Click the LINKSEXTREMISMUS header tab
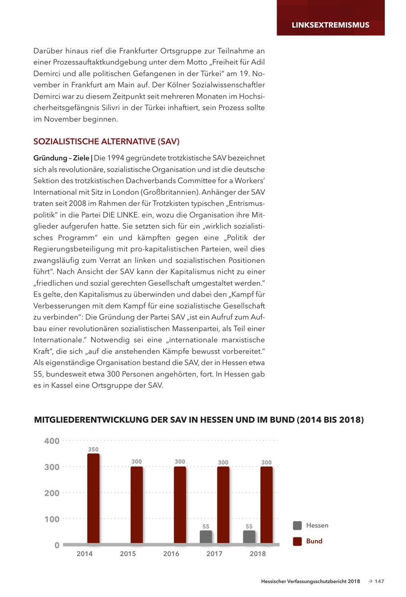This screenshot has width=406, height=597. tap(330, 25)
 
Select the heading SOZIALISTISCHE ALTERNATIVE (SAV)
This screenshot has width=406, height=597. tap(106, 142)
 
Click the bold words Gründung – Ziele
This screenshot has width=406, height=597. tap(61, 158)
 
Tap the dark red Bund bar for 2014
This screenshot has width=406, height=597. tap(93, 498)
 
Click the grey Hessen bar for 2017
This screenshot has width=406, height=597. tap(206, 537)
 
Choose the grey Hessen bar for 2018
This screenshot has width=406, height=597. tap(249, 537)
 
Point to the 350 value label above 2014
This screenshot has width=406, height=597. tap(93, 449)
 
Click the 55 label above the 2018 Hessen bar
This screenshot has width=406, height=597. tap(249, 527)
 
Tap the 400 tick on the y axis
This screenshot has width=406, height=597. tap(52, 441)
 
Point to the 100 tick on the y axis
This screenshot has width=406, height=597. tap(52, 519)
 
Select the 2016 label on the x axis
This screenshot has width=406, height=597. tap(171, 554)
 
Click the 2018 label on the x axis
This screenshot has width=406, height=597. tap(258, 554)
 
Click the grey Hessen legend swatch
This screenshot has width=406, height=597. tap(297, 525)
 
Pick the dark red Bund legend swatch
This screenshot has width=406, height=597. tap(297, 541)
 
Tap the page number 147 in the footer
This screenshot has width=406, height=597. tap(379, 581)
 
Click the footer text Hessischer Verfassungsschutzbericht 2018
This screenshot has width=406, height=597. tap(310, 581)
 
